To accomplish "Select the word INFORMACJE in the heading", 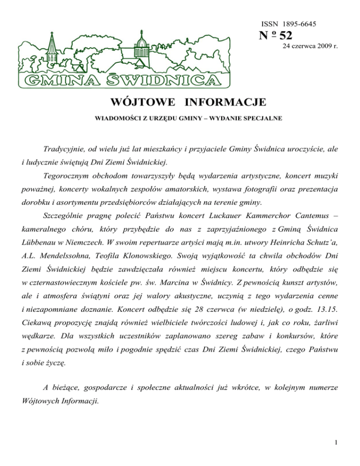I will tap(225, 102).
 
